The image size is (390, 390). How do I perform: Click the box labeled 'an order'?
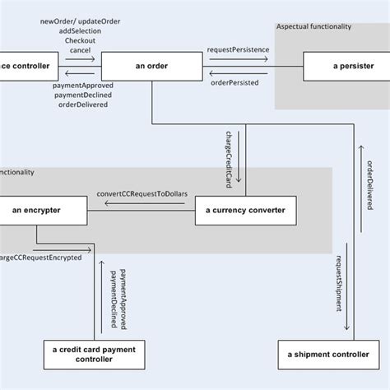tap(151, 66)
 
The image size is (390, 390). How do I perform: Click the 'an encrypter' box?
tap(37, 211)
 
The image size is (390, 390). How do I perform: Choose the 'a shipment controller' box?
tap(328, 355)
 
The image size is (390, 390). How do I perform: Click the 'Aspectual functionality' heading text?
tap(313, 27)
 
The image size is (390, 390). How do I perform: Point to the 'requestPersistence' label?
tap(238, 50)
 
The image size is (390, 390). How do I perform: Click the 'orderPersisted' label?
tap(234, 82)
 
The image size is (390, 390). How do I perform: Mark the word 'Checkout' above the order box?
tap(79, 39)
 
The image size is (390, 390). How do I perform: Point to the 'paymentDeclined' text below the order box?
tap(82, 95)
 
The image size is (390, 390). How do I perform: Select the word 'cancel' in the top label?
tap(80, 50)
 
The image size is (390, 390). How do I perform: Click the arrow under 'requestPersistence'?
tap(237, 59)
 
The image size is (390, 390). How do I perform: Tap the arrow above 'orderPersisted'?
tap(237, 73)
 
